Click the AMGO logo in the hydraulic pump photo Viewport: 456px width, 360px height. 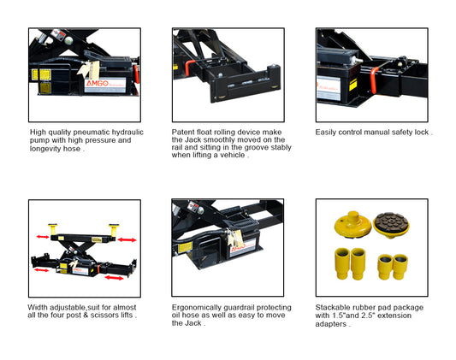coord(98,84)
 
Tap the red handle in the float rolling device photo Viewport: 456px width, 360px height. coord(188,68)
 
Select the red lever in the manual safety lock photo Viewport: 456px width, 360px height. coord(374,80)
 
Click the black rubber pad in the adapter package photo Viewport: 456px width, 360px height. coord(391,221)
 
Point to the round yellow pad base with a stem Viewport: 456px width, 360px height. coord(352,224)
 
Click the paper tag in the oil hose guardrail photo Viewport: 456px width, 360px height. coord(236,238)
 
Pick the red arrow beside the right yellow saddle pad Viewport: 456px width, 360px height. coord(127,239)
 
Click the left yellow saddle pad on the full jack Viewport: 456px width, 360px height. coord(53,229)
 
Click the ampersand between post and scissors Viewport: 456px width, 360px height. coord(86,316)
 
